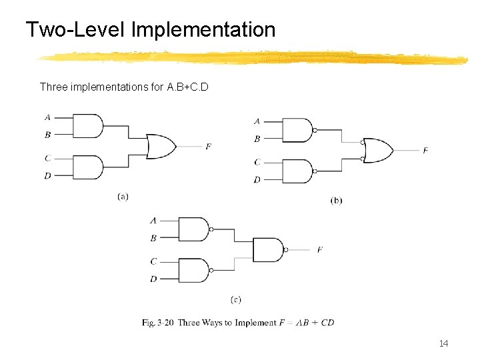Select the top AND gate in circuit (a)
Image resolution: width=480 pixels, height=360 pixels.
[x=87, y=125]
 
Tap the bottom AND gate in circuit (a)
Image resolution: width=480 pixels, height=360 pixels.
[x=87, y=167]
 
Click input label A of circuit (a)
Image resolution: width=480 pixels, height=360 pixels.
[x=47, y=117]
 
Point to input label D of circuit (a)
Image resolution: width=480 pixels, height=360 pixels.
[x=47, y=176]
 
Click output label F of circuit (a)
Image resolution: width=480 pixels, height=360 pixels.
[x=208, y=146]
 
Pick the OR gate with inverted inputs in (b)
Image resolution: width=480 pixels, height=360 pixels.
[x=377, y=150]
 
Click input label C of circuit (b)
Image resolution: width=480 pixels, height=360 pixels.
[x=257, y=162]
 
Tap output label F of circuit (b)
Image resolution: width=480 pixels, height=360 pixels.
[x=425, y=151]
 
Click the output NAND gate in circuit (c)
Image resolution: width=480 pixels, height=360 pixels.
[x=268, y=249]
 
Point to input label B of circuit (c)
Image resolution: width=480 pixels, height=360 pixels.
[x=154, y=237]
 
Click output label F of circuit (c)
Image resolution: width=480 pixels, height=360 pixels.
[x=320, y=249]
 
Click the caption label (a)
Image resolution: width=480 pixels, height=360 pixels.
[x=123, y=196]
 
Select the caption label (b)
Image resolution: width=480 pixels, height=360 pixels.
[x=337, y=200]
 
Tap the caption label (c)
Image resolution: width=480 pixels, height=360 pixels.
[x=235, y=300]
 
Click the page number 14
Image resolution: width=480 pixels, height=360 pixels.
[x=444, y=343]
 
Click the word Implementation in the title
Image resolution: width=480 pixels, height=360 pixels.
[x=203, y=29]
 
